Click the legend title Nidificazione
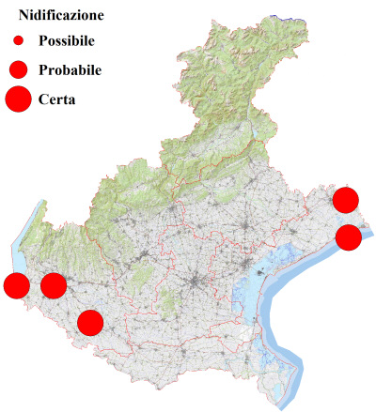[x=61, y=16]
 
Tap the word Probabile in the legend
[x=70, y=69]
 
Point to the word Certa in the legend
[x=57, y=99]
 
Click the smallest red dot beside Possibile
[x=18, y=42]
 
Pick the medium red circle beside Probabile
[x=18, y=69]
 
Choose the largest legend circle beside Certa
[x=18, y=99]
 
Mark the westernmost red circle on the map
[x=16, y=285]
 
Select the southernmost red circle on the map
[x=90, y=323]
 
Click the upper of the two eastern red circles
[x=346, y=199]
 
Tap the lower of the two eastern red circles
[x=349, y=237]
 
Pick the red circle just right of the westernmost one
[x=54, y=285]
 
